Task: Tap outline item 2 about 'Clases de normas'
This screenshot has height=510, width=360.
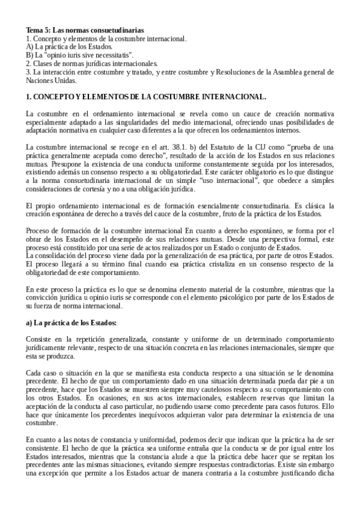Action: tap(91, 63)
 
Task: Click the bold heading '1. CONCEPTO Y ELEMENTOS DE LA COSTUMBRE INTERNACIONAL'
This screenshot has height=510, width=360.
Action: tap(145, 96)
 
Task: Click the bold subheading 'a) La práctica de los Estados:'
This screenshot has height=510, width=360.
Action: tap(71, 323)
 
